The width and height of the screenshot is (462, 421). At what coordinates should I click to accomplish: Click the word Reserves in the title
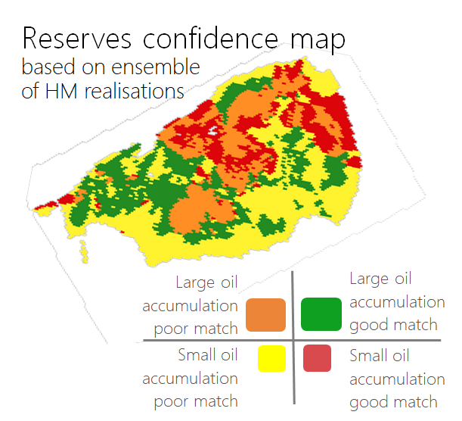tap(76, 39)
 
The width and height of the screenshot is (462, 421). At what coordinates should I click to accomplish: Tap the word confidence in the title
tap(210, 38)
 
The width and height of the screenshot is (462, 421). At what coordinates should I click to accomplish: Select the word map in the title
tap(318, 42)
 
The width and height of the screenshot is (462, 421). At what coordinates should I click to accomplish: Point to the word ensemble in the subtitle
tap(156, 67)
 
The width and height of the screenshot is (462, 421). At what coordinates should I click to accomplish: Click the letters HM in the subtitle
tap(61, 91)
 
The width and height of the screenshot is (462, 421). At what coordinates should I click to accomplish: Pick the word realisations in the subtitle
tap(135, 91)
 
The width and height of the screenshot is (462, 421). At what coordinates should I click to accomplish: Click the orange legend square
tap(265, 315)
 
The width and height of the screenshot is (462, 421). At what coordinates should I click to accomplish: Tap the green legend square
tap(321, 314)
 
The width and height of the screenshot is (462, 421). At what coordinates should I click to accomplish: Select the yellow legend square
tap(271, 358)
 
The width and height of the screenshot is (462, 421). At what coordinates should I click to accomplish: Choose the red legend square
tap(317, 358)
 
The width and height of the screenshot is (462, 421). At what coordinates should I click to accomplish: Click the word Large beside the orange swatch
tap(195, 283)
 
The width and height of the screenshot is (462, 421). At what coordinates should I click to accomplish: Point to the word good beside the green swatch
tap(367, 326)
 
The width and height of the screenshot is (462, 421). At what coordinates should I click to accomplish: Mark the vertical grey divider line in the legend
tap(293, 338)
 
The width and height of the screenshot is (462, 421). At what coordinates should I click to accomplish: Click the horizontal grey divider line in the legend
tap(292, 341)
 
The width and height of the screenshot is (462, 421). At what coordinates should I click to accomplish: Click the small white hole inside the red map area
tap(212, 131)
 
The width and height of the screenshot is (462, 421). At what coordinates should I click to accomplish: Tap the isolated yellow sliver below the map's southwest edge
tap(84, 251)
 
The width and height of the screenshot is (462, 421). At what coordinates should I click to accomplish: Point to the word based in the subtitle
tap(48, 67)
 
